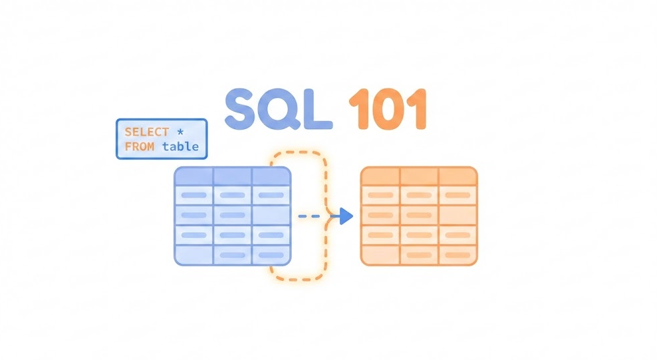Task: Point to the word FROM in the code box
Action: click(x=139, y=146)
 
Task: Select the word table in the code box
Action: click(x=180, y=146)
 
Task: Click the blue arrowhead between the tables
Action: click(x=345, y=216)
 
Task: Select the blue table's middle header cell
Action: click(x=232, y=176)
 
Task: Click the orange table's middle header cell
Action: click(x=419, y=176)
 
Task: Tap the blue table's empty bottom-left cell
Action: click(x=194, y=255)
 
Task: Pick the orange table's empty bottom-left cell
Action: click(x=380, y=255)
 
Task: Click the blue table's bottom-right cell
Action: click(x=271, y=255)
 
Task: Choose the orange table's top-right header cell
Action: click(x=458, y=176)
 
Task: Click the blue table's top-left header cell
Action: click(x=194, y=176)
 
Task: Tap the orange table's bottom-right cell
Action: click(x=458, y=255)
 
